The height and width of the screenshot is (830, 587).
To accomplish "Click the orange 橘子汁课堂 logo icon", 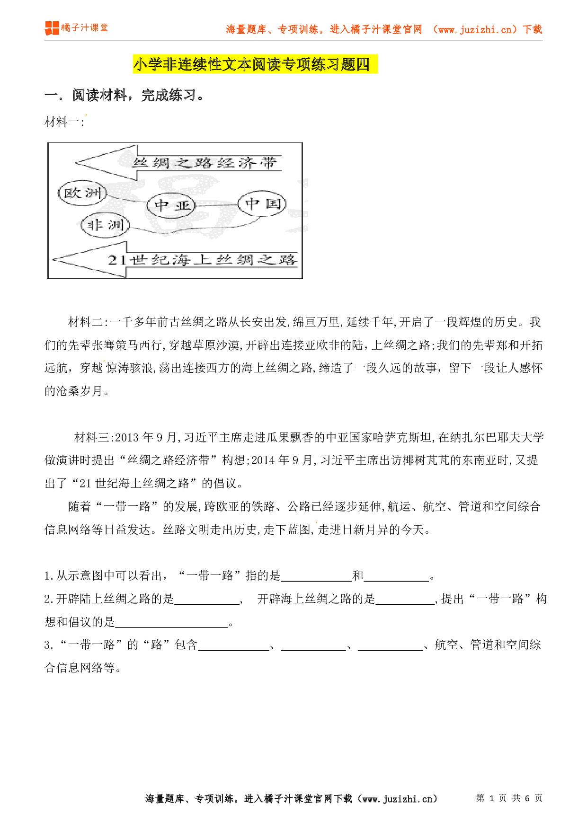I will click(x=52, y=28).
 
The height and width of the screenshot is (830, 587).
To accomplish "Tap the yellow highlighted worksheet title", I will click(x=255, y=64).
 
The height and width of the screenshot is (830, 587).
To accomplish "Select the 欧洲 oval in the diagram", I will click(x=82, y=193).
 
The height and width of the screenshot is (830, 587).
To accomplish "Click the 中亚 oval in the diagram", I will click(x=171, y=205).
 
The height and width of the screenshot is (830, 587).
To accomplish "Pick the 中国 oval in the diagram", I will click(x=262, y=204).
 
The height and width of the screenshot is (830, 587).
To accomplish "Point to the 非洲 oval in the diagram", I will click(x=105, y=225).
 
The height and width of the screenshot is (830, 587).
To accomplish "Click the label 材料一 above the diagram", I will click(x=64, y=122).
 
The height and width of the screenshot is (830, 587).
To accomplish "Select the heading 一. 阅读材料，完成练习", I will click(x=125, y=96).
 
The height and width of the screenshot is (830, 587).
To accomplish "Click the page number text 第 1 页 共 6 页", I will click(x=509, y=798).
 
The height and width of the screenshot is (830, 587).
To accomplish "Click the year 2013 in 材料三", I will click(x=126, y=438).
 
